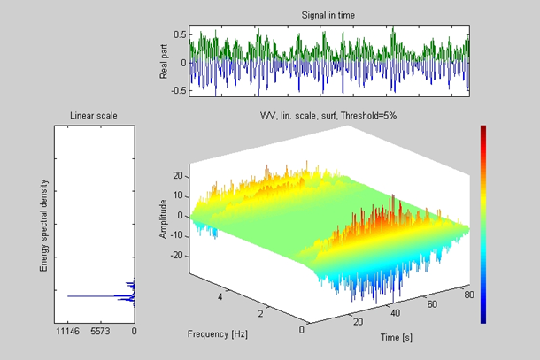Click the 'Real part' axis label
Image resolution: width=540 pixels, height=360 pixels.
pyautogui.click(x=165, y=63)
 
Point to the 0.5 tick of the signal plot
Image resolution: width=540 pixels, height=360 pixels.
pyautogui.click(x=180, y=34)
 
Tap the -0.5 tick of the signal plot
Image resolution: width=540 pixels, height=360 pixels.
pyautogui.click(x=179, y=89)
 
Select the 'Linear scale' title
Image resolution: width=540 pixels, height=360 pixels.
pyautogui.click(x=94, y=115)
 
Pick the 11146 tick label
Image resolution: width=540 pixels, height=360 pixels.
pyautogui.click(x=67, y=332)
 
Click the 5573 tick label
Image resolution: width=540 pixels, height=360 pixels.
pyautogui.click(x=101, y=332)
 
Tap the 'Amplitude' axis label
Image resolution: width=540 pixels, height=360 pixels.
pyautogui.click(x=164, y=216)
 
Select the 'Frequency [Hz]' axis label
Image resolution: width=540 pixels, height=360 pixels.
pyautogui.click(x=218, y=333)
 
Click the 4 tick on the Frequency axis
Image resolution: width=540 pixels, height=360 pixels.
pyautogui.click(x=220, y=298)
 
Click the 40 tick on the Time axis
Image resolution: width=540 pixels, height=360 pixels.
pyautogui.click(x=393, y=313)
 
